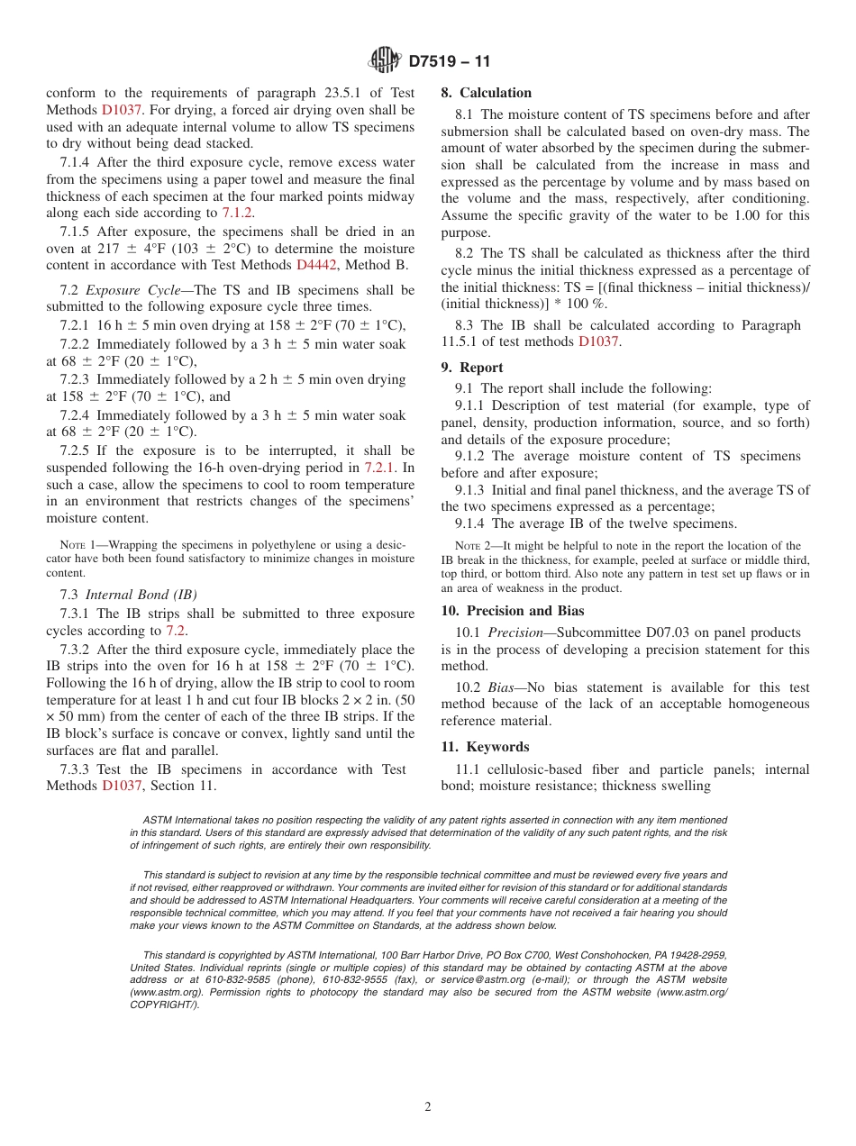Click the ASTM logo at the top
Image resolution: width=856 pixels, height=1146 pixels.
coord(385,61)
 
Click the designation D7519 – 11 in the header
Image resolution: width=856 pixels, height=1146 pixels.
coord(450,62)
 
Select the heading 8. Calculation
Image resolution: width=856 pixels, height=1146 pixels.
coord(486,93)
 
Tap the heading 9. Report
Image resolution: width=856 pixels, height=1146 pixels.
coord(472,368)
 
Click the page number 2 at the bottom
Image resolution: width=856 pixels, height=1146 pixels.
coord(428,1107)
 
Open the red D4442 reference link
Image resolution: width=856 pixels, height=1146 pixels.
coord(316,265)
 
